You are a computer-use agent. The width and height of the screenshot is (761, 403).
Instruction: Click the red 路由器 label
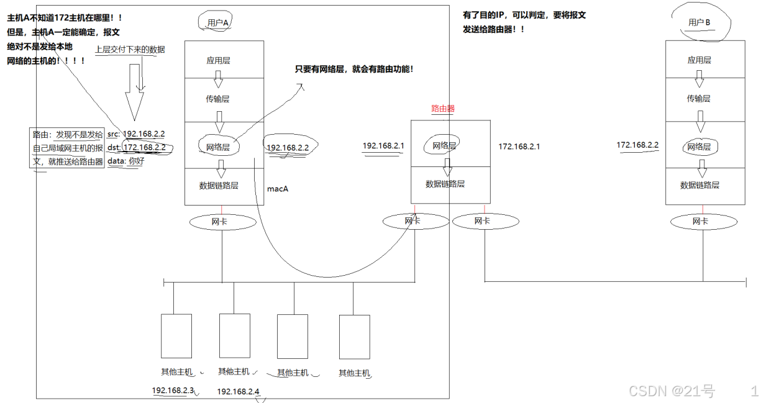443,108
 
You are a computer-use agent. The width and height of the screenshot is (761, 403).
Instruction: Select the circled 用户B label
699,23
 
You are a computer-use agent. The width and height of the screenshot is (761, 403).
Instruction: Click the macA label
278,188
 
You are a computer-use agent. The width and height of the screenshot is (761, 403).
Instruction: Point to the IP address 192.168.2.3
173,391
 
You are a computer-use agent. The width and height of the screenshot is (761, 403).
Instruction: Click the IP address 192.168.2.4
238,392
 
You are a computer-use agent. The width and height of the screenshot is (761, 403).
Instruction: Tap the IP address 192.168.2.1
383,146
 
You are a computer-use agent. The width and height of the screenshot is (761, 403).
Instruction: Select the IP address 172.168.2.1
519,147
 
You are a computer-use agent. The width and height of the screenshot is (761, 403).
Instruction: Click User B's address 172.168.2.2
637,145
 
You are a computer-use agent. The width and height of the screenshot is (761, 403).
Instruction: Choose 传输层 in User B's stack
699,98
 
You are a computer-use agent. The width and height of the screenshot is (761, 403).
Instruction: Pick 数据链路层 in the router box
445,184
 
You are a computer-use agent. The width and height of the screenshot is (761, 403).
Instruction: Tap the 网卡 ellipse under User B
700,221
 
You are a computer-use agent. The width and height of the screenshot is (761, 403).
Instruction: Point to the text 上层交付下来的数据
130,49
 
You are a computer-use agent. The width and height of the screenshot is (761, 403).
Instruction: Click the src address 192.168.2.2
144,134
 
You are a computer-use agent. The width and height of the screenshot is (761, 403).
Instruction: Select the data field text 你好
136,161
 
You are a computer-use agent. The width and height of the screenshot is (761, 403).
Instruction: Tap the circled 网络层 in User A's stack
218,147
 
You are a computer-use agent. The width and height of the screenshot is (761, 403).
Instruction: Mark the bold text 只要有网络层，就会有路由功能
354,70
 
